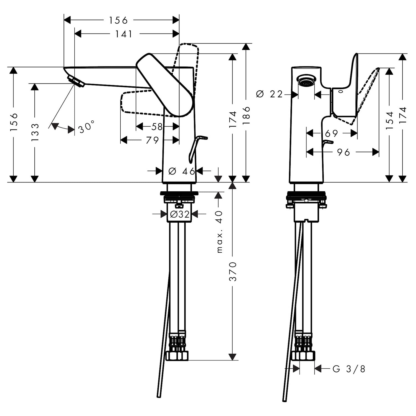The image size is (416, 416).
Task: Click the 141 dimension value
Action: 124,34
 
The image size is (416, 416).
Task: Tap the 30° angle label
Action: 86,127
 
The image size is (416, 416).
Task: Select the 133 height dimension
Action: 35,133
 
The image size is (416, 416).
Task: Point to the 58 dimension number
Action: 157,127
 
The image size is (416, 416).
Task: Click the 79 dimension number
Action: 152,140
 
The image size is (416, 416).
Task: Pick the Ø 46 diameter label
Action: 182,171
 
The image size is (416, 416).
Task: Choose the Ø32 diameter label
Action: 179,214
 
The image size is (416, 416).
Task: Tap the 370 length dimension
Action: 233,272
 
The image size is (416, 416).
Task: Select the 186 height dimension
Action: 246,115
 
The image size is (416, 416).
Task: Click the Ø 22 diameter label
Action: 269,94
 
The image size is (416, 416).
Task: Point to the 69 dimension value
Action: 331,134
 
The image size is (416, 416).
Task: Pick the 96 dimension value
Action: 344,152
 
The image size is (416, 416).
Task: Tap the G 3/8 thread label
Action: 349,369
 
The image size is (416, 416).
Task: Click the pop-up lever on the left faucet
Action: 197,148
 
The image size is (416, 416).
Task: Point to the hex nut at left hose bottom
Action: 177,356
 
